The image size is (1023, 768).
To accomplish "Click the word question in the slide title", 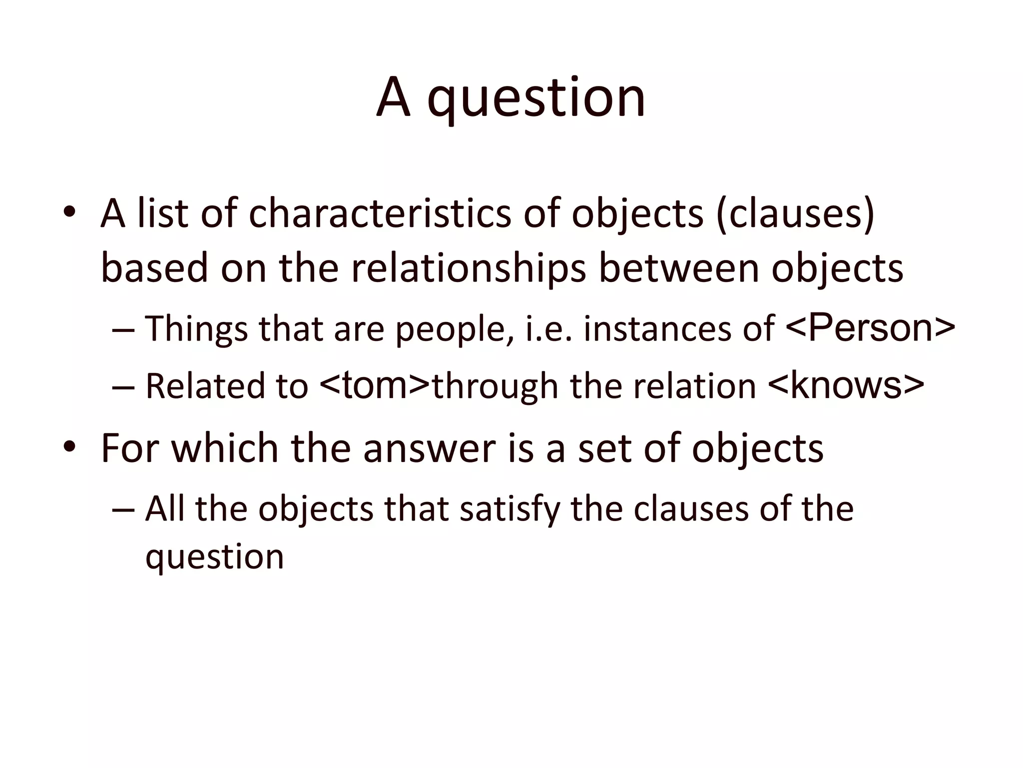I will [x=536, y=98].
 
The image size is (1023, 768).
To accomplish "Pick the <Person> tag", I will [x=870, y=327].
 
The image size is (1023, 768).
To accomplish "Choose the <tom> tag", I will [x=375, y=385].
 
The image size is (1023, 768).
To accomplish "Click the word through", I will [x=495, y=386].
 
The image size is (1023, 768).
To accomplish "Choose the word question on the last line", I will [x=214, y=558].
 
